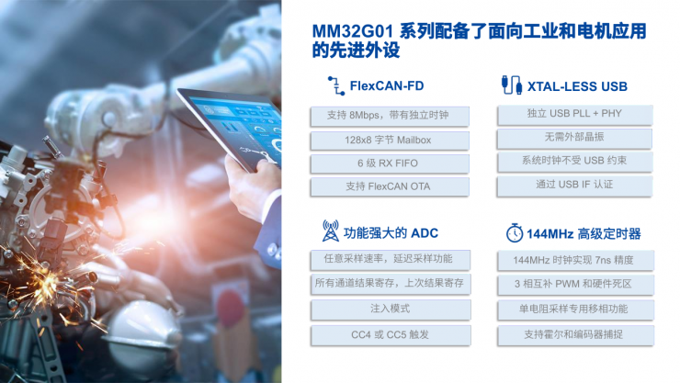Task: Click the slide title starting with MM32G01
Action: point(479,41)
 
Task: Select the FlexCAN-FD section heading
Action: point(387,86)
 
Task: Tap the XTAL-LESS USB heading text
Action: point(577,86)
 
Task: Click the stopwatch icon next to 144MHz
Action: point(514,232)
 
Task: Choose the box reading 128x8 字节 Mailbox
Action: point(390,140)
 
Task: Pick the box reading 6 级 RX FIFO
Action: point(390,163)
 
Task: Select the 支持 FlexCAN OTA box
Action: point(390,186)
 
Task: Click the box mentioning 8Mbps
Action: point(390,116)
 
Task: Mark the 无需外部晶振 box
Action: point(576,138)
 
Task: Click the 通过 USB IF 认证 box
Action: point(576,185)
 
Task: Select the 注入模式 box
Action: point(390,308)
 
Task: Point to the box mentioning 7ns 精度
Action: point(576,260)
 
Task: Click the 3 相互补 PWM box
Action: point(576,284)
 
